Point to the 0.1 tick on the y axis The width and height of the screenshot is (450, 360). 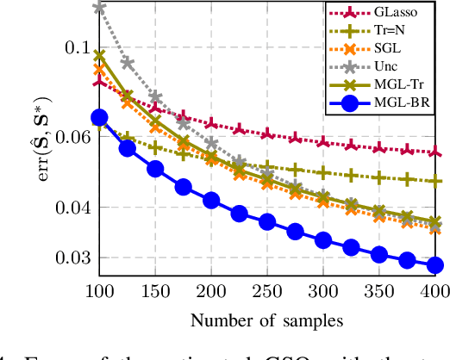[x=68, y=46]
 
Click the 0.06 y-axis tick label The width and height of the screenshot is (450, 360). [x=64, y=136]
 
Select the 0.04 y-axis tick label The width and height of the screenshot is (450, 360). [x=64, y=208]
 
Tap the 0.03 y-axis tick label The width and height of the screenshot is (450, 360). [x=64, y=258]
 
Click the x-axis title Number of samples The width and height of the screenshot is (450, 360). [x=266, y=320]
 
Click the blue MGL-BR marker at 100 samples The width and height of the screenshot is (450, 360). [x=99, y=118]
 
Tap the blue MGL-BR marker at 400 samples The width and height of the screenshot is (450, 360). [x=434, y=265]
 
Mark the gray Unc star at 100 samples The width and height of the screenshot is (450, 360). [x=99, y=8]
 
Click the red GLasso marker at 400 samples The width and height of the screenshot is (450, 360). [x=434, y=152]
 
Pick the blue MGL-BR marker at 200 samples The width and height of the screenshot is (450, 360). [x=211, y=201]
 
